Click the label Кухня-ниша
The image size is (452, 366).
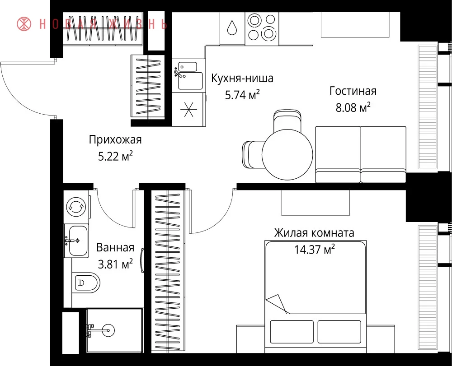pyautogui.click(x=242, y=78)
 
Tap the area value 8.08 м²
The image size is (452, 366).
pyautogui.click(x=353, y=107)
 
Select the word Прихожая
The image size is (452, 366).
pyautogui.click(x=115, y=140)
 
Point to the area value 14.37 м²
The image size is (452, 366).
pyautogui.click(x=314, y=249)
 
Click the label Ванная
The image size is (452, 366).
pyautogui.click(x=115, y=247)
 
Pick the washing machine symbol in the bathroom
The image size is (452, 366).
pyautogui.click(x=76, y=207)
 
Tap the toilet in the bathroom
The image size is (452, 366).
pyautogui.click(x=85, y=283)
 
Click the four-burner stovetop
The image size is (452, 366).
pyautogui.click(x=262, y=28)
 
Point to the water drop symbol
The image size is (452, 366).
pyautogui.click(x=232, y=28)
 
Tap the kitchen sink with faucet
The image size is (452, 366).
pyautogui.click(x=188, y=75)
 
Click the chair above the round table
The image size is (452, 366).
pyautogui.click(x=287, y=121)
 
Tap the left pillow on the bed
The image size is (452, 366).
pyautogui.click(x=292, y=332)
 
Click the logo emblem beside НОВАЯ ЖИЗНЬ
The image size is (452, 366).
pyautogui.click(x=24, y=23)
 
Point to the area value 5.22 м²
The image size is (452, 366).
pyautogui.click(x=115, y=157)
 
